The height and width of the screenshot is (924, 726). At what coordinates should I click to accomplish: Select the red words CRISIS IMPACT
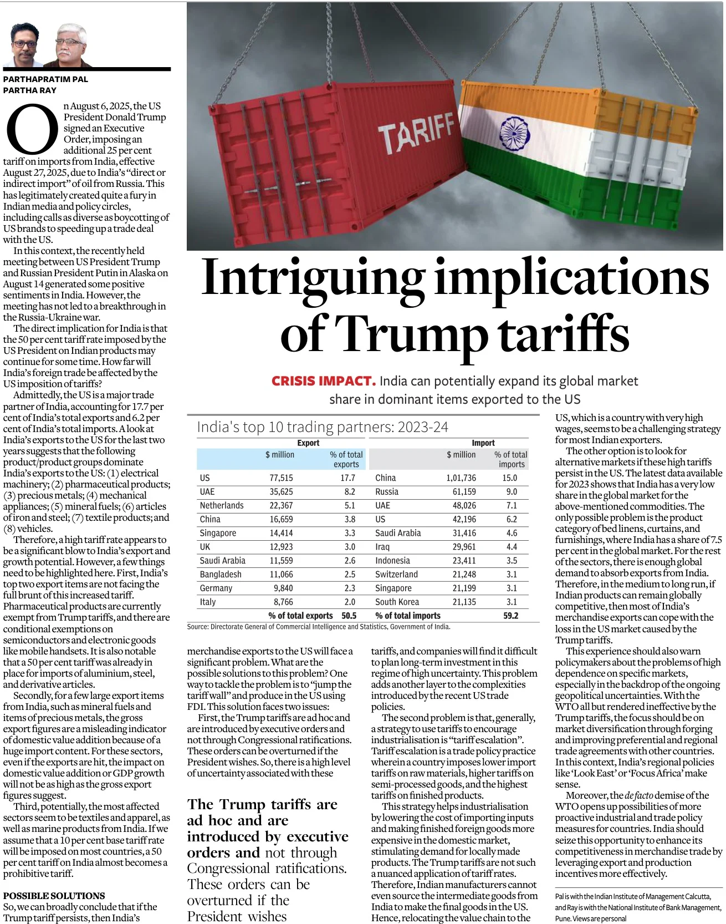pyautogui.click(x=323, y=381)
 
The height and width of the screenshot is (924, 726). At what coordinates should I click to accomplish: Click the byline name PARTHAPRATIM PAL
pyautogui.click(x=45, y=79)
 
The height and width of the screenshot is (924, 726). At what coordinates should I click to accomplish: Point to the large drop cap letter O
pyautogui.click(x=32, y=129)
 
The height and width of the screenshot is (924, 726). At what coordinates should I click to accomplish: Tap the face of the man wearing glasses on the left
pyautogui.click(x=25, y=44)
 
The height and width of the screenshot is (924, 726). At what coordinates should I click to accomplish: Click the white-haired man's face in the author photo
pyautogui.click(x=71, y=43)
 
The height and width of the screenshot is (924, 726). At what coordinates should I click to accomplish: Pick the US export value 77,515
pyautogui.click(x=281, y=478)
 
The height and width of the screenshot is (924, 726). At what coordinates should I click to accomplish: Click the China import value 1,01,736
pyautogui.click(x=461, y=478)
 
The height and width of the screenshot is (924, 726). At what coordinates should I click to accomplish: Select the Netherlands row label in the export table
pyautogui.click(x=222, y=505)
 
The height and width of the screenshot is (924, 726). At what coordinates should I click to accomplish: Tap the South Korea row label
pyautogui.click(x=397, y=602)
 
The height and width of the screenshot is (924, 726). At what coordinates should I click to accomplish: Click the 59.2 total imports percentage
pyautogui.click(x=510, y=616)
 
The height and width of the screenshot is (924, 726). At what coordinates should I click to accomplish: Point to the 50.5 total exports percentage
pyautogui.click(x=349, y=616)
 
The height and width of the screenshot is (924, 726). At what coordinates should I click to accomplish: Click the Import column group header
pyautogui.click(x=483, y=443)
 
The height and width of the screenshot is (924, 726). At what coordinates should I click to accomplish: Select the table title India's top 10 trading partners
pyautogui.click(x=322, y=427)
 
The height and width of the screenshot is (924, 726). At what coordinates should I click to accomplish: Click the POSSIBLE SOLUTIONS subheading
pyautogui.click(x=54, y=896)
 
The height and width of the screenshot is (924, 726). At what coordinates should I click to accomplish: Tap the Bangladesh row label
pyautogui.click(x=221, y=575)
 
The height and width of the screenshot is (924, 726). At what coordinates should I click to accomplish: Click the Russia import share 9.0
pyautogui.click(x=511, y=492)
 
